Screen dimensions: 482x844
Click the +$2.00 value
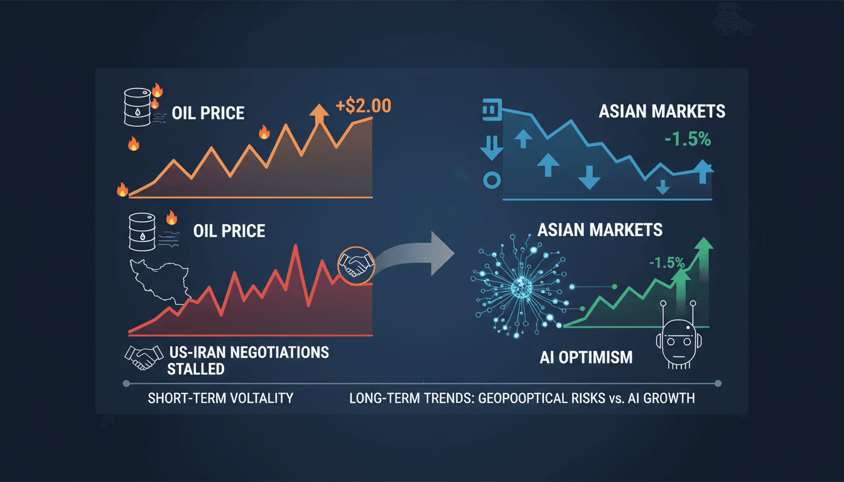tap(364, 105)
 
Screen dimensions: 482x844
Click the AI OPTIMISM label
tap(586, 358)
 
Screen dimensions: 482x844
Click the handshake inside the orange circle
tap(355, 264)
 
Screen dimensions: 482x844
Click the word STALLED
tap(195, 368)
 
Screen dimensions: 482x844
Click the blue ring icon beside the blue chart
tap(490, 181)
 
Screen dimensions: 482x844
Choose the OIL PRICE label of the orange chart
tap(208, 114)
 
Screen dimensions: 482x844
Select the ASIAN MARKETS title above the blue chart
tap(662, 112)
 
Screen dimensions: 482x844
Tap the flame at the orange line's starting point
tap(122, 189)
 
